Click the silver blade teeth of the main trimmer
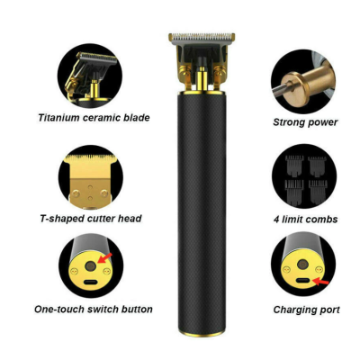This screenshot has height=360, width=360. tap(199, 39)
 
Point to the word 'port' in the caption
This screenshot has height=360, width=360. tap(328, 310)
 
